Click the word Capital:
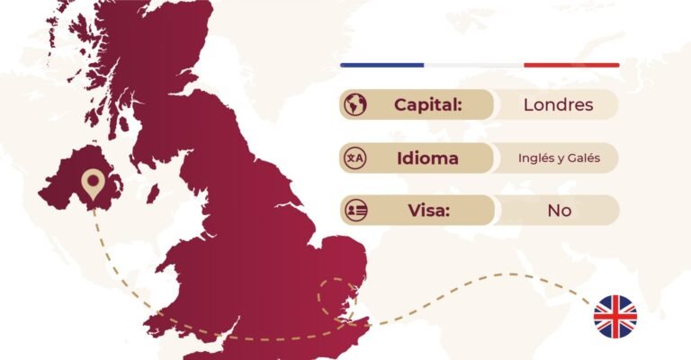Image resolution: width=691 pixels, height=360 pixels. pos(427,104)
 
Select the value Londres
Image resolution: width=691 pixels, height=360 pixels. pos(558,104)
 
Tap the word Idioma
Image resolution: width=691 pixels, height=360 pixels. pos(427,158)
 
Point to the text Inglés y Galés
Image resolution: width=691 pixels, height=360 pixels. pos(559,158)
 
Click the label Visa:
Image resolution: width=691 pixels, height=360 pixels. pos(427,211)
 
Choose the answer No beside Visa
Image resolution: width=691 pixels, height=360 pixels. pos(559,211)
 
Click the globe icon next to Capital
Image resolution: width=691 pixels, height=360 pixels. pos(354,104)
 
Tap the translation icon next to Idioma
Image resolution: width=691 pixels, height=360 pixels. pos(354,158)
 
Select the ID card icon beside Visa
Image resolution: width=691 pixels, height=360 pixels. pos(354,211)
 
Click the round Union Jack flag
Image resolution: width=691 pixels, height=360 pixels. pos(615,316)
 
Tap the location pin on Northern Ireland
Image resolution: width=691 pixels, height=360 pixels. pos(91,184)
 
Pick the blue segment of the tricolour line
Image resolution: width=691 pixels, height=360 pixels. pos(381,65)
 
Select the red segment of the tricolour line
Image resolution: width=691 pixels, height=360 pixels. pos(571,65)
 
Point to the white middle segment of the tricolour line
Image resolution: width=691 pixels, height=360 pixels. pos(473,65)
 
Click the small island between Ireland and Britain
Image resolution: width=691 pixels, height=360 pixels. pos(154,193)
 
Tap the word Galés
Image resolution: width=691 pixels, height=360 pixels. pos(583,158)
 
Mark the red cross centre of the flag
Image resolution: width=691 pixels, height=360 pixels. pos(615,316)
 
